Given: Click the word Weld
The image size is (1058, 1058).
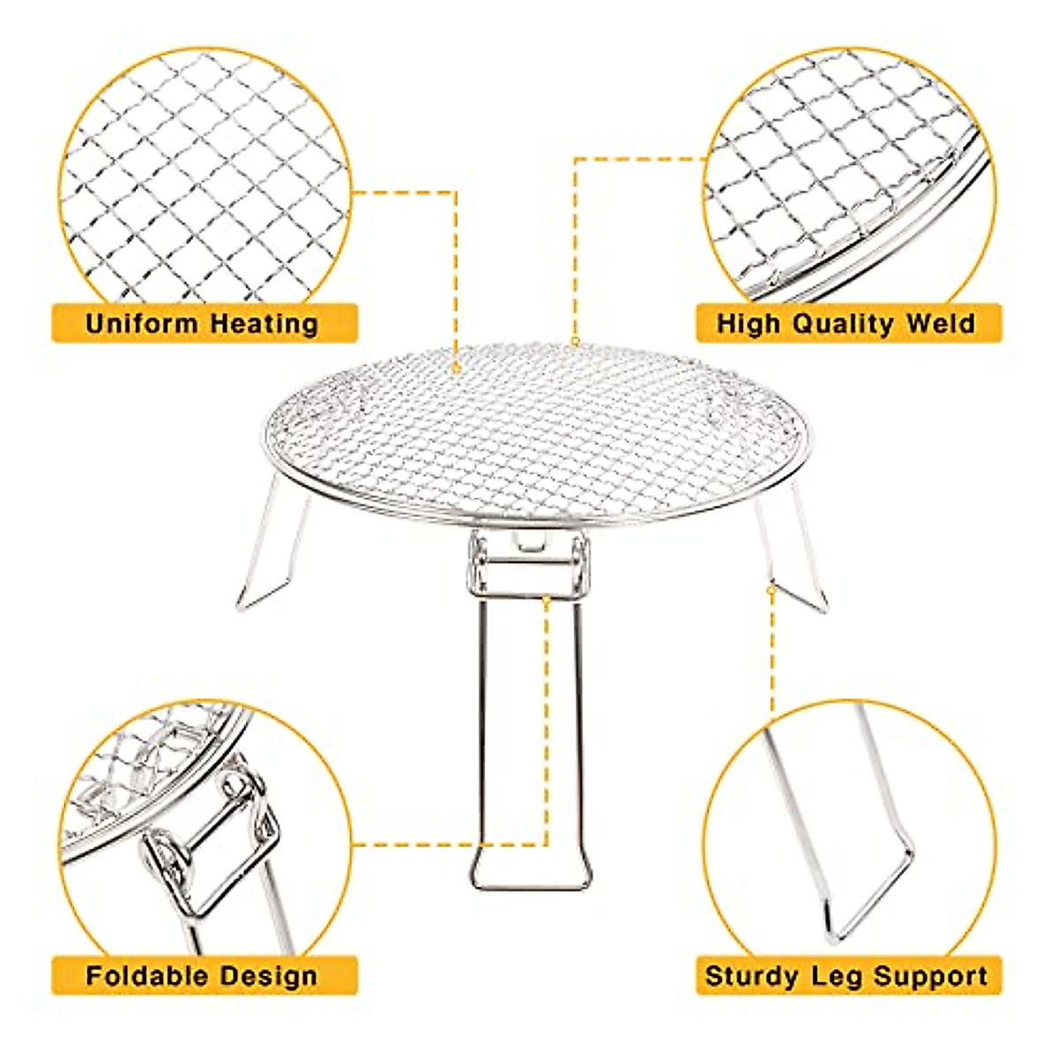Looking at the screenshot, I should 940,324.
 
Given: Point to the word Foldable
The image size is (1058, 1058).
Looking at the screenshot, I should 146,976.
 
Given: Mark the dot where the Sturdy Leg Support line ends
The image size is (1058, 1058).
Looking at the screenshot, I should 771,589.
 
